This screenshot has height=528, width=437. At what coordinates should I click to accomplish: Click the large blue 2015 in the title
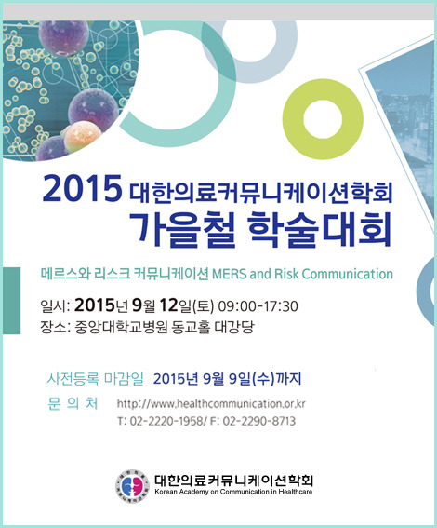pyautogui.click(x=82, y=188)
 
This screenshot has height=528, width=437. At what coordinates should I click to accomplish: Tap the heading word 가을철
pyautogui.click(x=182, y=229)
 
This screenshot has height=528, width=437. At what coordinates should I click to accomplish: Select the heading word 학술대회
pyautogui.click(x=320, y=229)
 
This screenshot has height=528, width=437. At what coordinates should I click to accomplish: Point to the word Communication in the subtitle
pyautogui.click(x=347, y=274)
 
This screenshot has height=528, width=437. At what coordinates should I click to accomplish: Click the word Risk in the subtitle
pyautogui.click(x=286, y=274)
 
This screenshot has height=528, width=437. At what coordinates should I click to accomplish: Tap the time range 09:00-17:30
pyautogui.click(x=258, y=306)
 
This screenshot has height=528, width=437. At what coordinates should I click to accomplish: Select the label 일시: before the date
pyautogui.click(x=55, y=305)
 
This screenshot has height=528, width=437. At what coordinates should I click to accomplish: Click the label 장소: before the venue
pyautogui.click(x=55, y=326)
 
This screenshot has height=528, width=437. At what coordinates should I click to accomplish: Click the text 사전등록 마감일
pyautogui.click(x=95, y=378)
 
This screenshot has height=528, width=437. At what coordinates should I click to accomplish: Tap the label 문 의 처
pyautogui.click(x=73, y=403)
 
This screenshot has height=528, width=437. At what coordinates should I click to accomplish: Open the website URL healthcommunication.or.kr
pyautogui.click(x=211, y=403)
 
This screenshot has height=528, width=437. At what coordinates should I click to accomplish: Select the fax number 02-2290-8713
pyautogui.click(x=258, y=421)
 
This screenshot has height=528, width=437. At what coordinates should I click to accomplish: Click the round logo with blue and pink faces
pyautogui.click(x=132, y=486)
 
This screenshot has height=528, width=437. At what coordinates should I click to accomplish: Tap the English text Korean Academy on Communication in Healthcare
pyautogui.click(x=233, y=492)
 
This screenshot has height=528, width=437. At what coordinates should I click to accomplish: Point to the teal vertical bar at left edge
pyautogui.click(x=12, y=301)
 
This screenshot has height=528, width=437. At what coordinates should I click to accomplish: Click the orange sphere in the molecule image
pyautogui.click(x=82, y=136)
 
